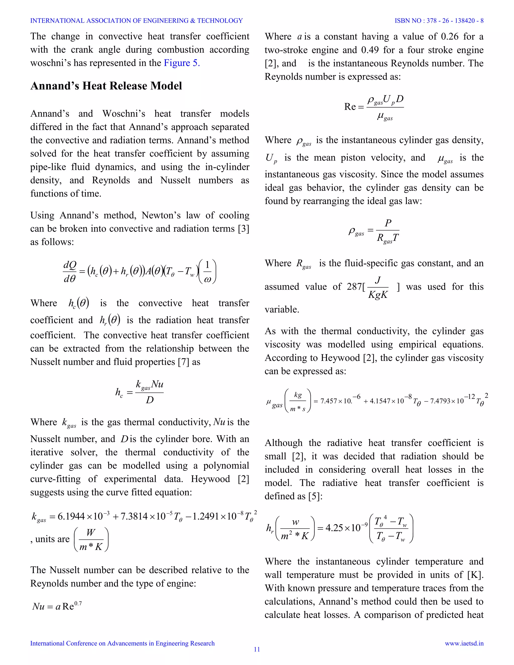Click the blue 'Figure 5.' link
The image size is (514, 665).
pos(182,63)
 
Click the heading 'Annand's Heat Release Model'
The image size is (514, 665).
pos(106,86)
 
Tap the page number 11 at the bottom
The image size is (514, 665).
pos(257,649)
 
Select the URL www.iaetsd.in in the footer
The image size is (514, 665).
pos(464,643)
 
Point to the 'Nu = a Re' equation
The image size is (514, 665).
pos(57,606)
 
